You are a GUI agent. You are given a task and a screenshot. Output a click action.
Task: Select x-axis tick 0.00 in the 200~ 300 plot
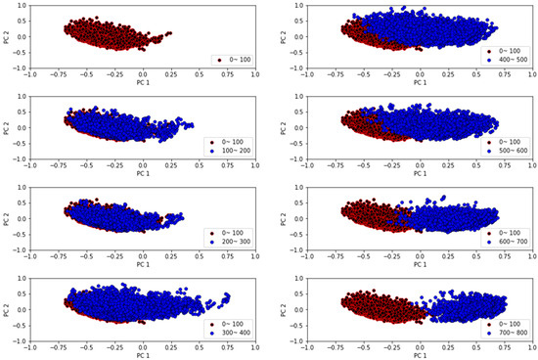144,255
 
